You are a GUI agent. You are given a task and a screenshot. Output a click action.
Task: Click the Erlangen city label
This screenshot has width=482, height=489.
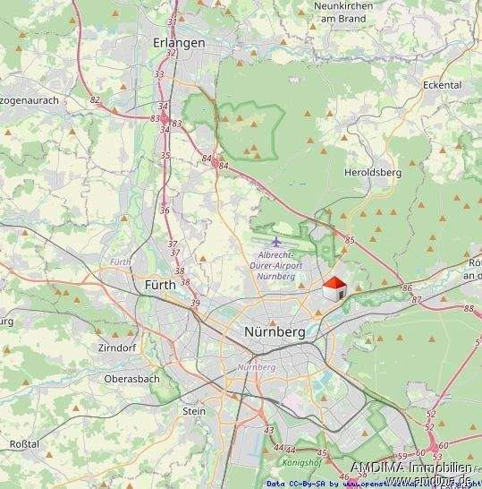tap(179, 42)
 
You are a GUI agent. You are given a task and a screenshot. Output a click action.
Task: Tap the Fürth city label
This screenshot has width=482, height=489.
tap(161, 285)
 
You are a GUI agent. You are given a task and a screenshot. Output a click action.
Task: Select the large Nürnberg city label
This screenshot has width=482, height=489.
tap(275, 331)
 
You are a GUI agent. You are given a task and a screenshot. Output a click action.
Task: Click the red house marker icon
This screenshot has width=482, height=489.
tap(334, 289)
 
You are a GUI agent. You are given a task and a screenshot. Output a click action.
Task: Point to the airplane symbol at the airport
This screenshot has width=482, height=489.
tap(276, 241)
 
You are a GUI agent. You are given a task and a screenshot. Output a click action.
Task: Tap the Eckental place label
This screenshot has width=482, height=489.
tap(444, 85)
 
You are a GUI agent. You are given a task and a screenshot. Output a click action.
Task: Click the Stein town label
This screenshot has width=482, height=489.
tap(193, 411)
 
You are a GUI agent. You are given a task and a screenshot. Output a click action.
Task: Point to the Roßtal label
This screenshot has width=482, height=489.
tap(24, 444)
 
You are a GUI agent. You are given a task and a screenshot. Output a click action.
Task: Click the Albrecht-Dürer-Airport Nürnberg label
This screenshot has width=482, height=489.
tap(275, 266)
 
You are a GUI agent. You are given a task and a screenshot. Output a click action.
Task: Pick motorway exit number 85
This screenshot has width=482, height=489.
tap(350, 240)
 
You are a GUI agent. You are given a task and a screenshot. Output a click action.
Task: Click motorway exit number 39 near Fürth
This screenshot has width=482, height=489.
tap(195, 304)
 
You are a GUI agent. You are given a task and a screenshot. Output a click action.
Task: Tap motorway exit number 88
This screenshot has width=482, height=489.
tap(469, 308)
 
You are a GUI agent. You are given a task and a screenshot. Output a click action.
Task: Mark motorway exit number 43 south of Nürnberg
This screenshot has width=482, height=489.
tap(269, 431)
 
